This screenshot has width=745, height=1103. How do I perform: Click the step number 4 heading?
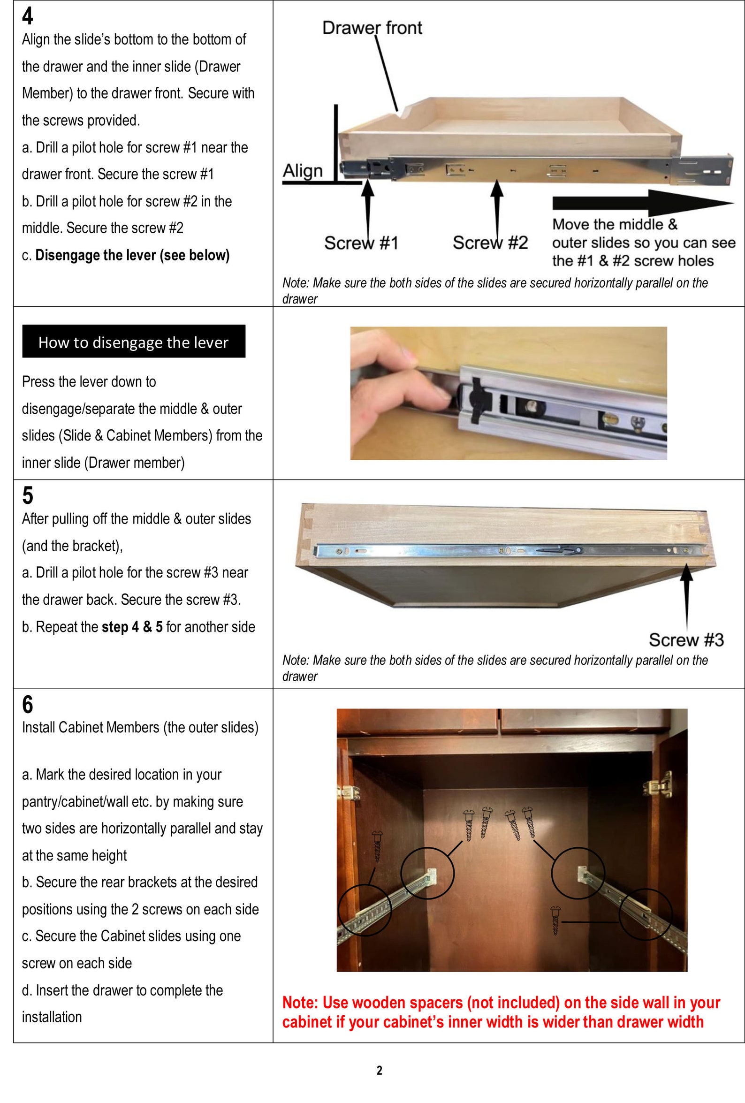coord(28,16)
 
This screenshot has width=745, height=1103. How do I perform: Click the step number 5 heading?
coord(28,495)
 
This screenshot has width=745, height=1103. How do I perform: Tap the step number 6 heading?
coord(28,704)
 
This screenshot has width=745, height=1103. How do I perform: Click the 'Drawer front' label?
coord(372,28)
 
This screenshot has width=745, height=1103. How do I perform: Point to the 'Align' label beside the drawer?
coord(302,171)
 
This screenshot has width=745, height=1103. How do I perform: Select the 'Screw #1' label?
coord(361,243)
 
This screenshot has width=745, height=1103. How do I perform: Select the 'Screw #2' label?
coord(490,243)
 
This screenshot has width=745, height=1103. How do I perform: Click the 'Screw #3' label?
coord(686,640)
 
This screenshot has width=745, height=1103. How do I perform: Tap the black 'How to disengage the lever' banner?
coord(133,342)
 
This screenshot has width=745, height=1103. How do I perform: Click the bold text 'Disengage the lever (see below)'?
coord(132,255)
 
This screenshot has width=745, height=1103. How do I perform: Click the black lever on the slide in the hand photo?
coord(474,399)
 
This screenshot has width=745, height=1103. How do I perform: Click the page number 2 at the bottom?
coord(379,1070)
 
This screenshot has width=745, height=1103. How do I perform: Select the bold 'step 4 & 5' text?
coord(132,627)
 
